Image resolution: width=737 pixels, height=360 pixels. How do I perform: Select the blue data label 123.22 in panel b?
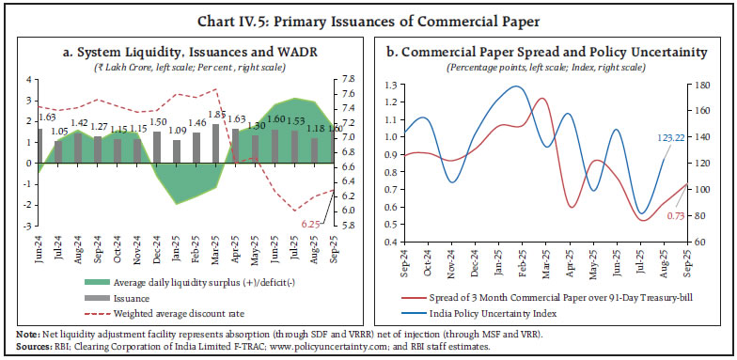pos(671,137)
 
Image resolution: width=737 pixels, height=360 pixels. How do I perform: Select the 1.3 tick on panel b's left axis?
pos(390,85)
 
